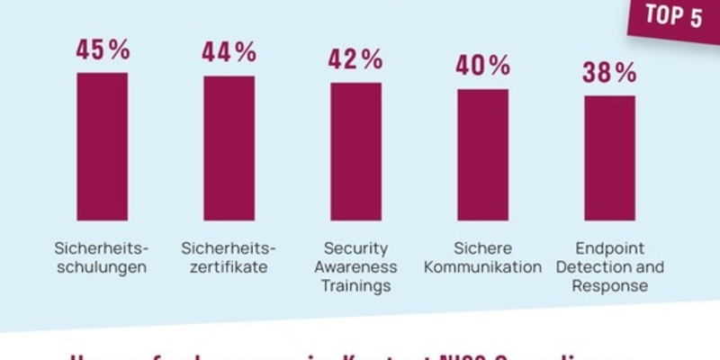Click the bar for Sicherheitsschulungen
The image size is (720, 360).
102,146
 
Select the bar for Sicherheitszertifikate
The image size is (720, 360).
229,148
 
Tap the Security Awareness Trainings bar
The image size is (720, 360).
355,151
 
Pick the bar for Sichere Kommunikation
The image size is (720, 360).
482,154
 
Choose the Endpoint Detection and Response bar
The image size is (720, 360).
609,157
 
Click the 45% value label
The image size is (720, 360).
102,49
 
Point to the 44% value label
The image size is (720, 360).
229,53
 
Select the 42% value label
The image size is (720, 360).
355,60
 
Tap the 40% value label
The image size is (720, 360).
482,67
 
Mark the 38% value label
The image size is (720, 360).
609,73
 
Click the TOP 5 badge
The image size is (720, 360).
673,19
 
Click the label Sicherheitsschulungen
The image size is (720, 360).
100,257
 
